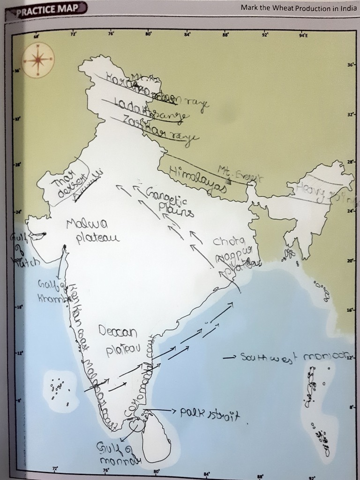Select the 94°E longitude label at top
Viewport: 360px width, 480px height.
point(303,35)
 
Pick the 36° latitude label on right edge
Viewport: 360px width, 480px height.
point(351,64)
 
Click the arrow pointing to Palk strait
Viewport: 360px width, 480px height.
point(162,411)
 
